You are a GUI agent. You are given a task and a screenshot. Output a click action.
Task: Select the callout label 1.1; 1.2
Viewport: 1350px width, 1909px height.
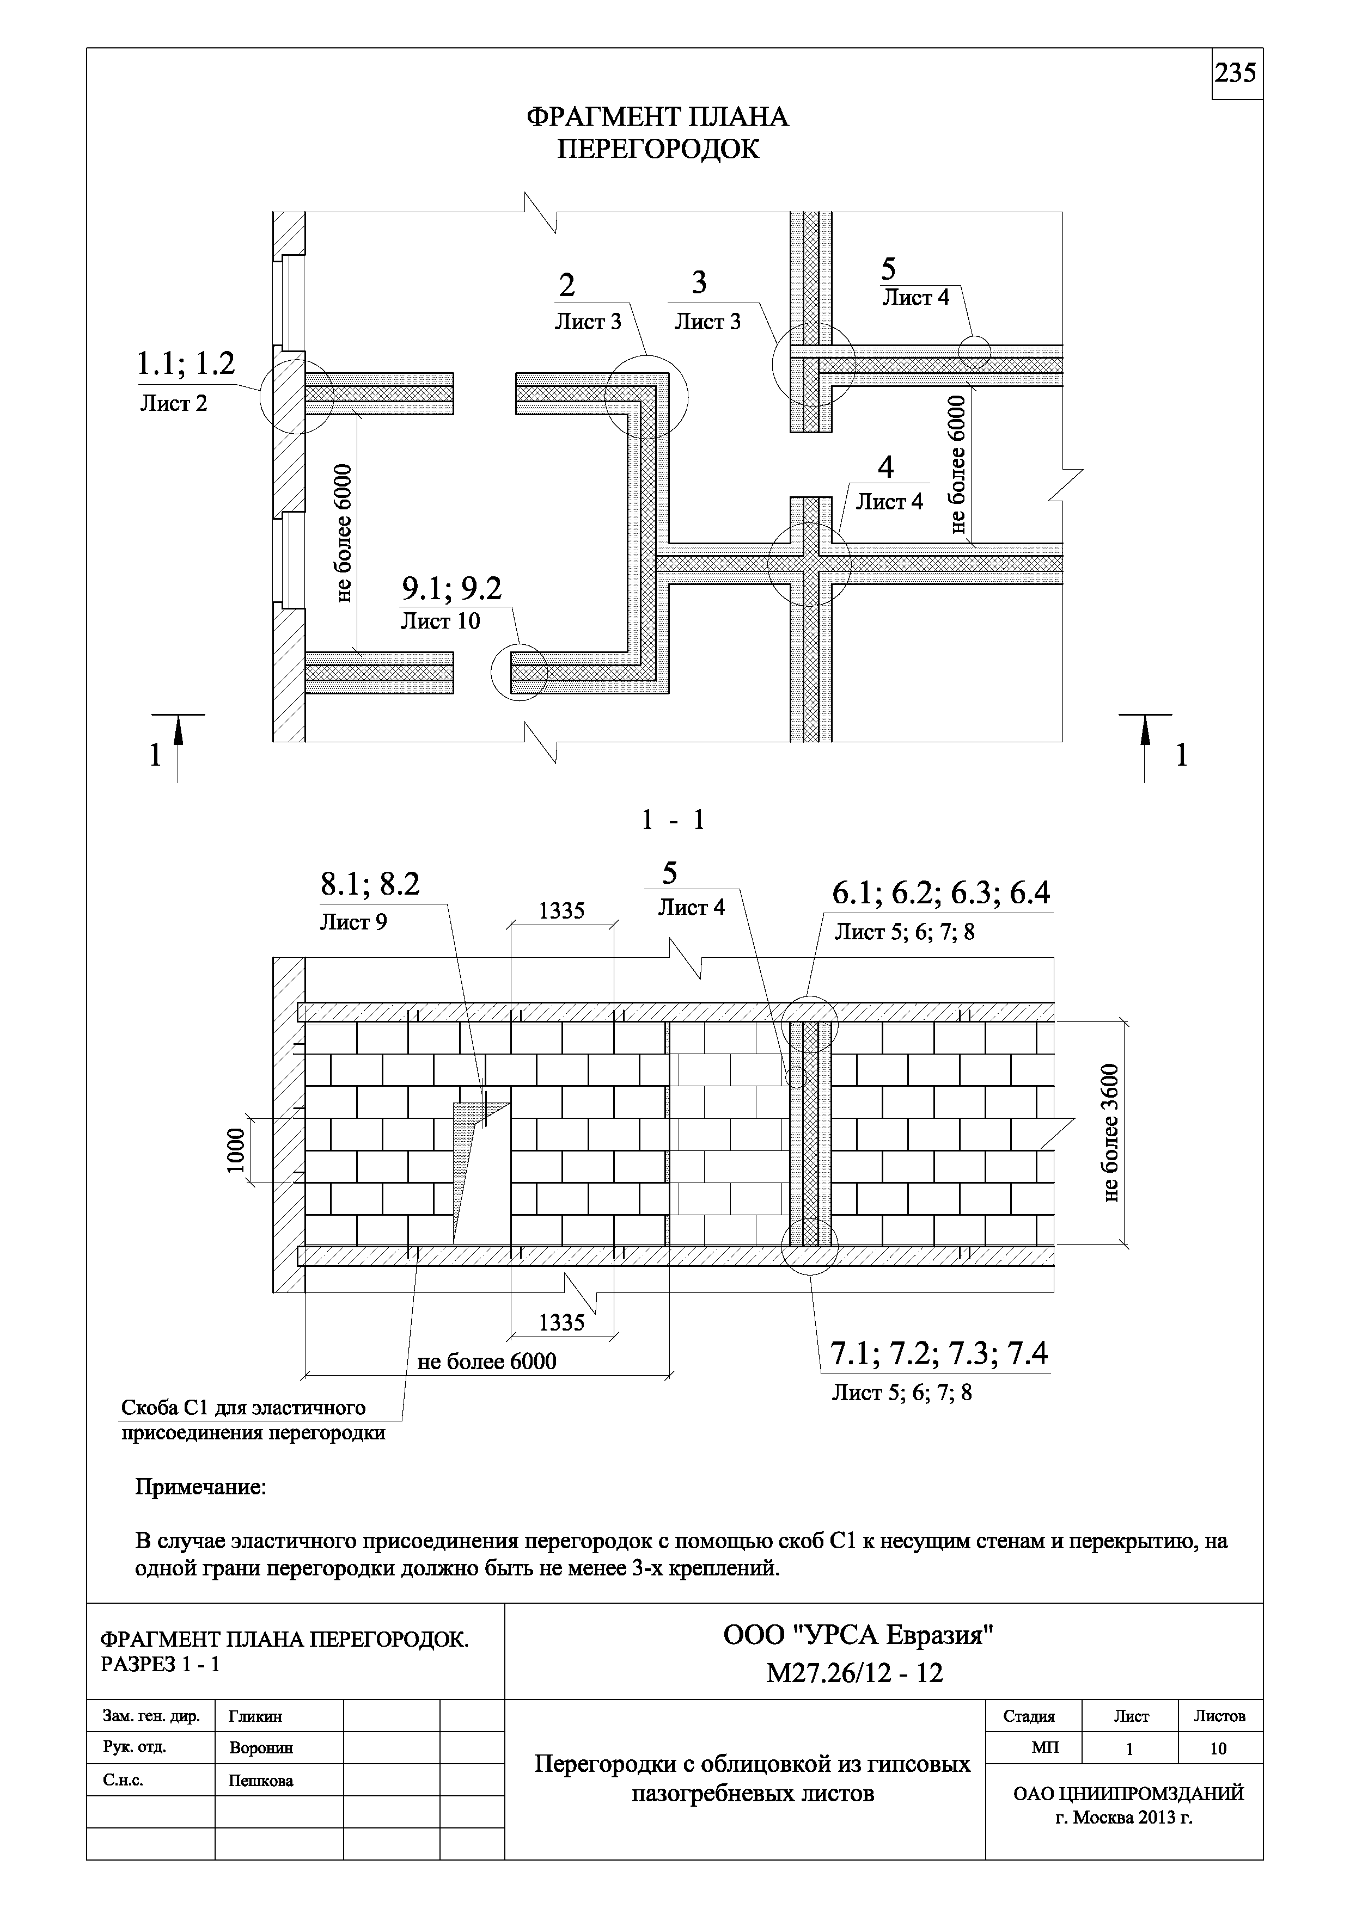click(186, 364)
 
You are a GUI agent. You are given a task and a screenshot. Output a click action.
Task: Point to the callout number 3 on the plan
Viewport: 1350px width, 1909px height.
click(699, 282)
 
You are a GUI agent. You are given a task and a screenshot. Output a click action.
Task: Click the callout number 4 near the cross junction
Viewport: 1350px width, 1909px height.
click(886, 467)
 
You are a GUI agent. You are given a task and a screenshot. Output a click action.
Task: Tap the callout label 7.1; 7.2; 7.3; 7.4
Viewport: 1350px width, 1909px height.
click(939, 1354)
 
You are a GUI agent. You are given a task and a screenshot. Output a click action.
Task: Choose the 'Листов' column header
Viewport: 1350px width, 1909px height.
click(1219, 1716)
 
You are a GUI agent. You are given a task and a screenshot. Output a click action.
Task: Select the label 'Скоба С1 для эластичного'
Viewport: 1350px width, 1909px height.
click(244, 1408)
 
